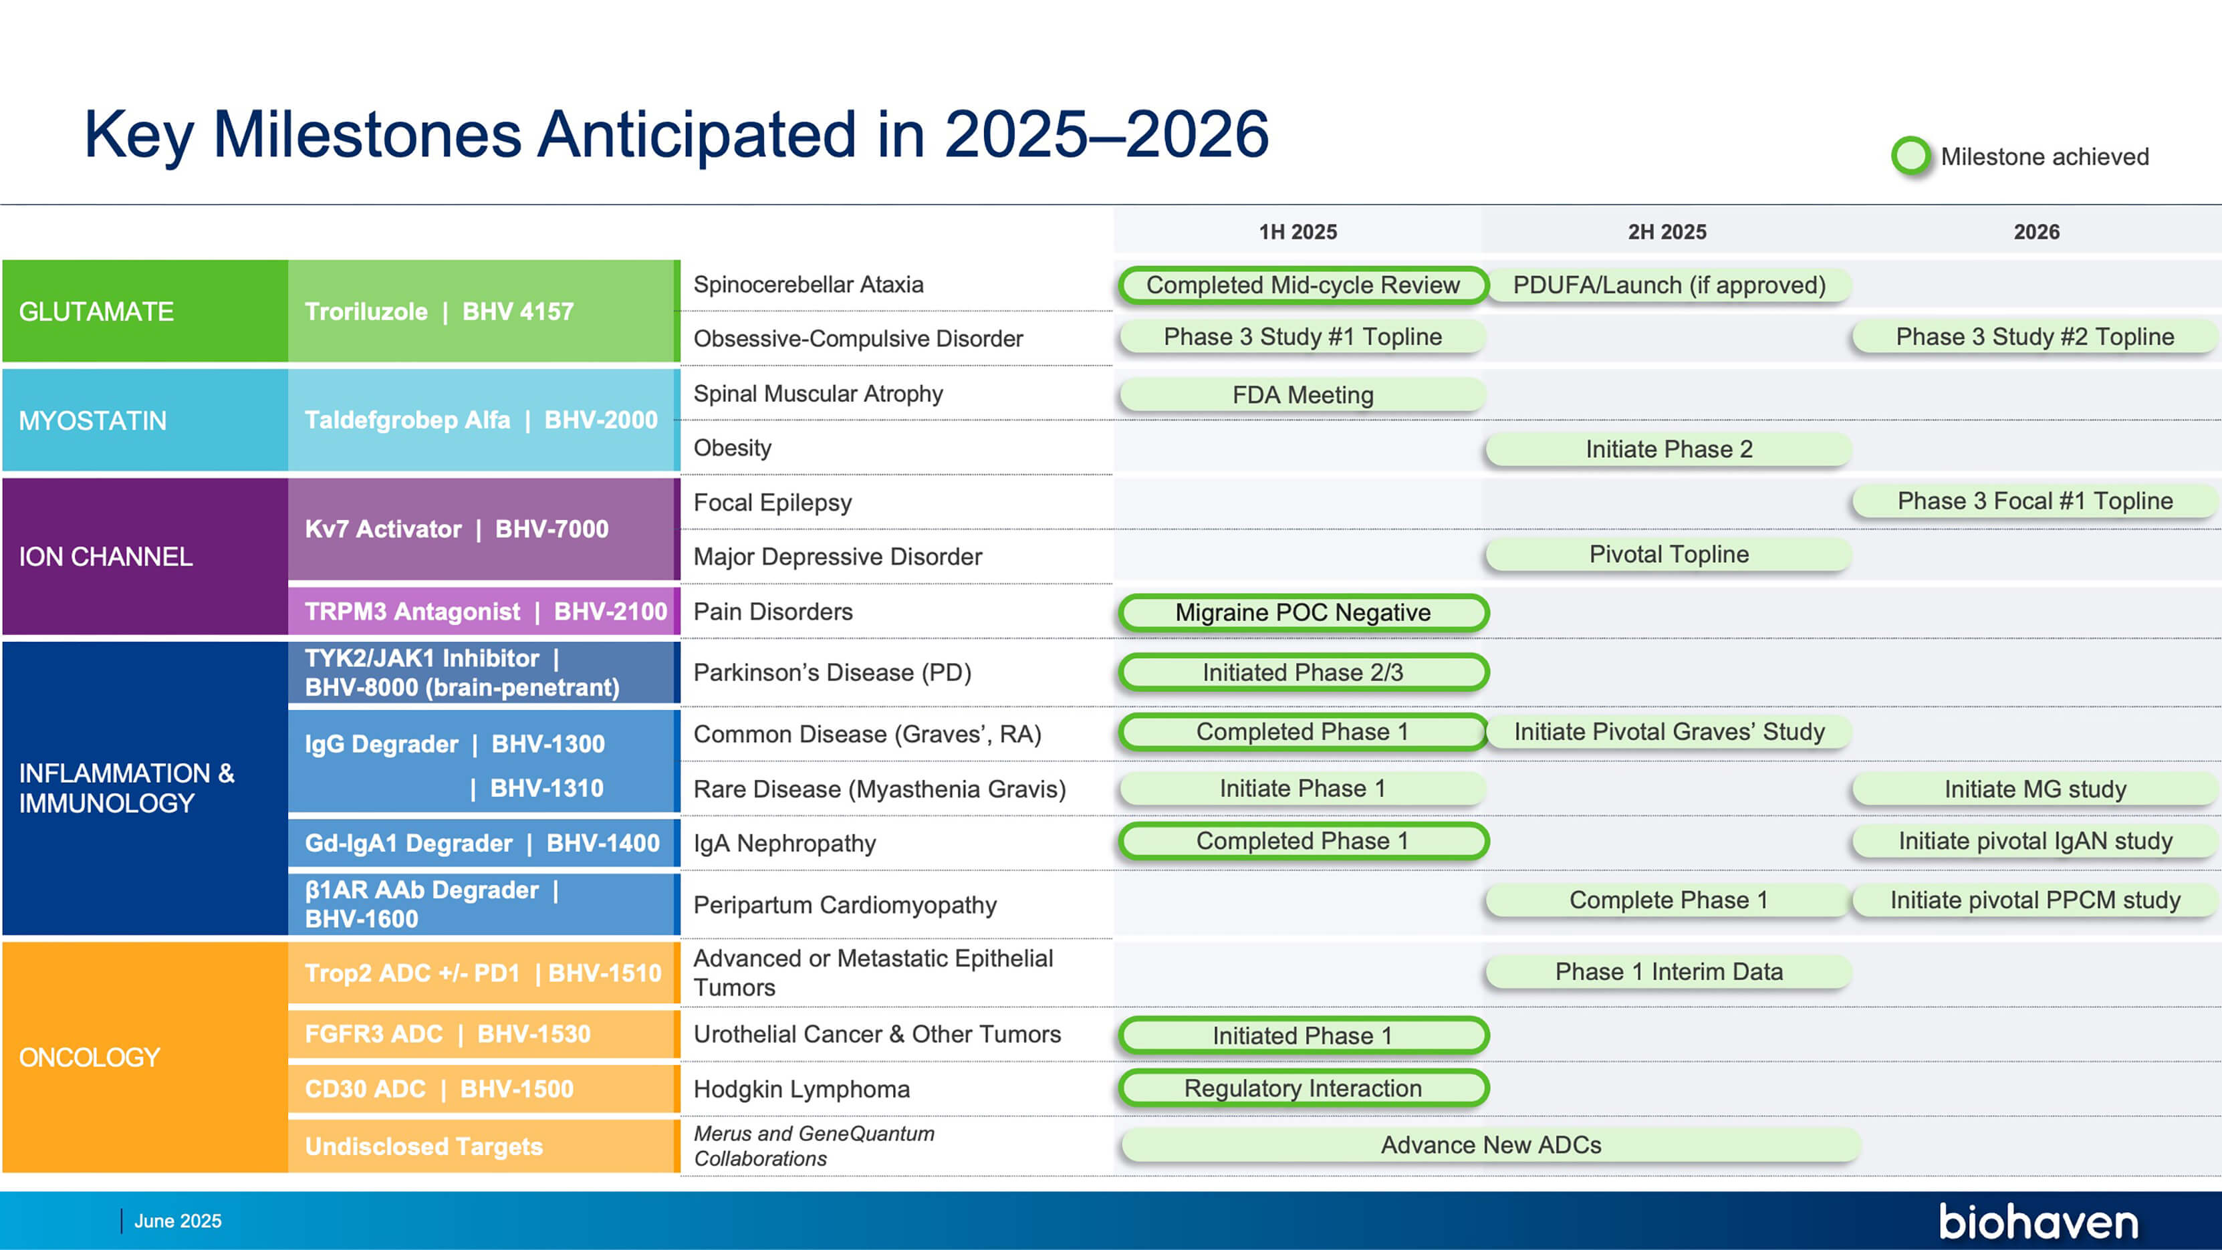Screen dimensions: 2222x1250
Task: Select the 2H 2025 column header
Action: click(x=1666, y=232)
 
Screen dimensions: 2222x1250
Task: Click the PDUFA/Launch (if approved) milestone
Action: click(x=1669, y=285)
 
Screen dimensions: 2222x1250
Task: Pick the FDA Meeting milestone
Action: click(x=1302, y=395)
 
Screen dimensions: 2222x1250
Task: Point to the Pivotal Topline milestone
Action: click(x=1669, y=555)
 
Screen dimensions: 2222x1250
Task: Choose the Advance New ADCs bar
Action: click(x=1491, y=1145)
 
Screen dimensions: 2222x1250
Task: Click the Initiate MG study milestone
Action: click(x=2035, y=789)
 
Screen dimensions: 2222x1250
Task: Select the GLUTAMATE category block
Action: click(x=145, y=311)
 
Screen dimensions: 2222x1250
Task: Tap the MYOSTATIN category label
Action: click(x=92, y=421)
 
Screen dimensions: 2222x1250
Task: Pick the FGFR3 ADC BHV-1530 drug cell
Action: click(x=484, y=1033)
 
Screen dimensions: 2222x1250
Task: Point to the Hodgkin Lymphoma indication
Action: click(x=801, y=1090)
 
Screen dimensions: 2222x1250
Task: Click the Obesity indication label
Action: click(x=733, y=449)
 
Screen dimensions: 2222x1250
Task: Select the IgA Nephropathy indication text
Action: click(x=785, y=844)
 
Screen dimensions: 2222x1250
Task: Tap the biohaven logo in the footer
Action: click(x=2038, y=1221)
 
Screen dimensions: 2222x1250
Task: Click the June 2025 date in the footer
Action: click(x=178, y=1221)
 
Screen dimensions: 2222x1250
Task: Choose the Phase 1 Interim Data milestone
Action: click(x=1669, y=972)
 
